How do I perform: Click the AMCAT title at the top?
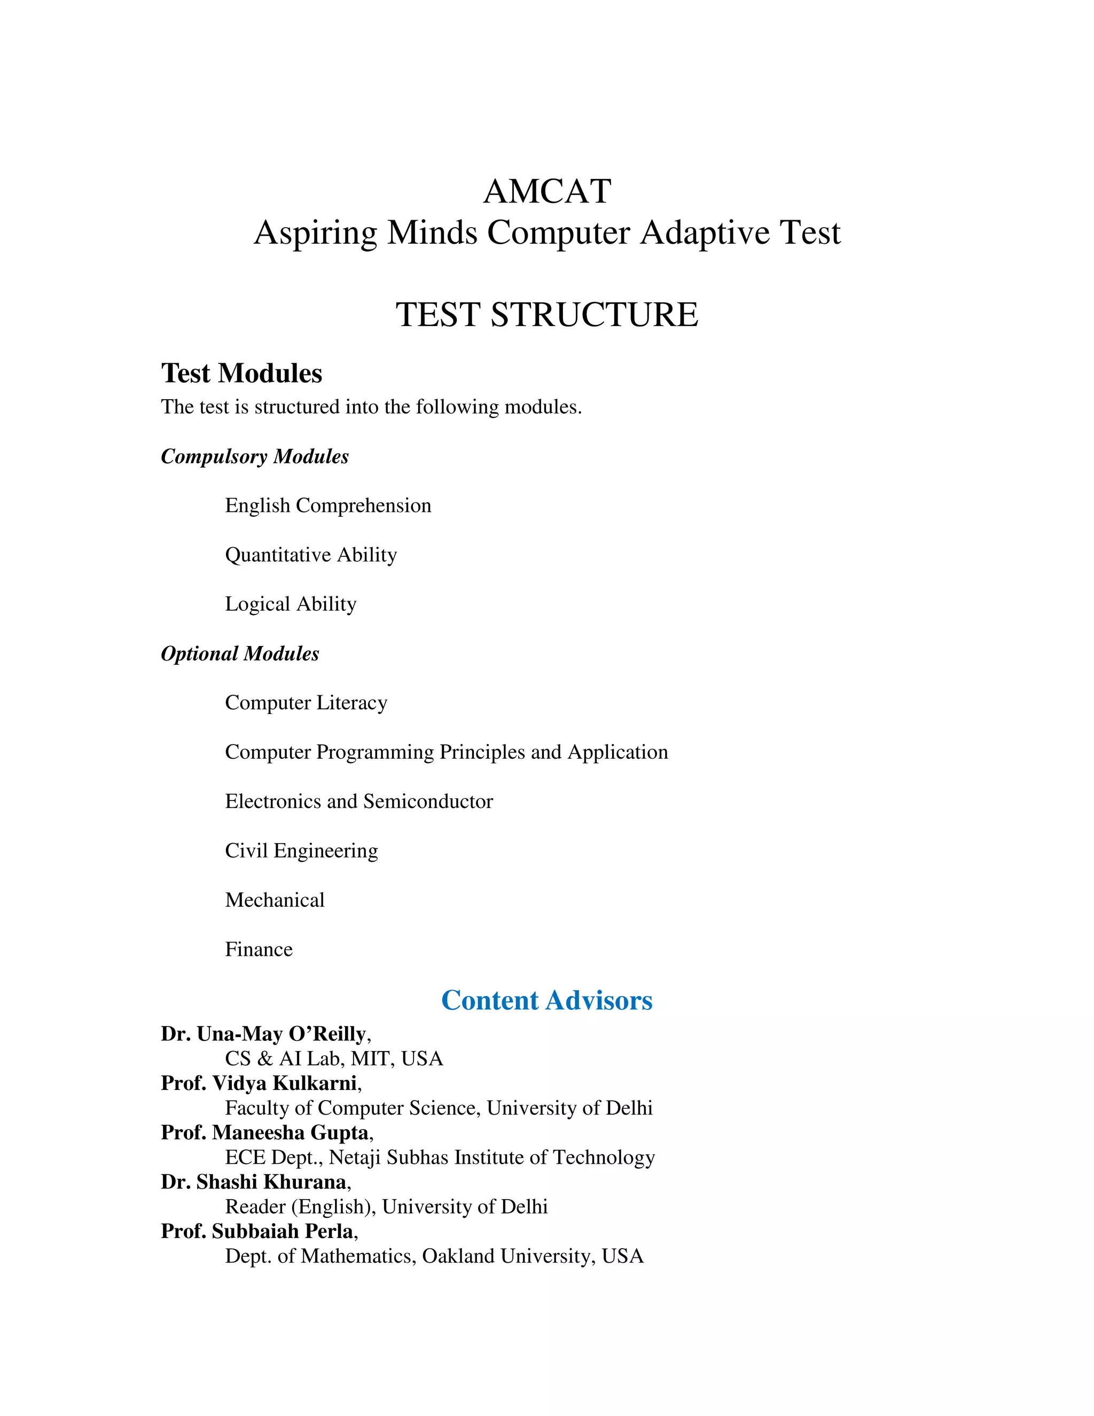tap(547, 191)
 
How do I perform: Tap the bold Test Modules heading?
tap(242, 374)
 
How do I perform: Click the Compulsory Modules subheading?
tap(255, 456)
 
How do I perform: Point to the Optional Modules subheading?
tap(240, 653)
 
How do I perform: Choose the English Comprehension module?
tap(328, 505)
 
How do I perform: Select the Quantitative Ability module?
tap(310, 555)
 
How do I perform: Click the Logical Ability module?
tap(291, 604)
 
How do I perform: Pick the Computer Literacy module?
tap(306, 703)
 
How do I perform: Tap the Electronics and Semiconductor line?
tap(358, 802)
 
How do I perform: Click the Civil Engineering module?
tap(301, 851)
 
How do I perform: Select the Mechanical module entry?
tap(275, 900)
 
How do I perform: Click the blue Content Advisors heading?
tap(547, 1000)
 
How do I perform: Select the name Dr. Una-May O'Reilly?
tap(264, 1033)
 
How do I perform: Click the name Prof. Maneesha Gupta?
tap(265, 1132)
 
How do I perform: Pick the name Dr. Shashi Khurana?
tap(254, 1181)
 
